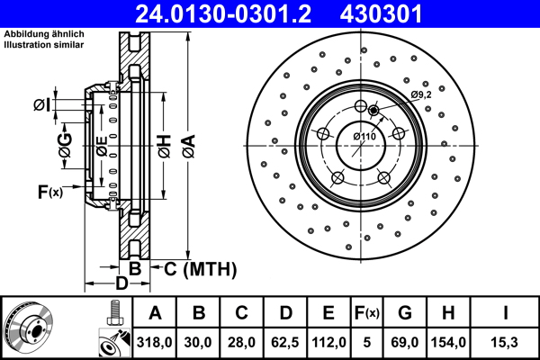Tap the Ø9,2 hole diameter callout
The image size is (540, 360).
pos(422,94)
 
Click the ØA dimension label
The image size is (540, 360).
pos(186,145)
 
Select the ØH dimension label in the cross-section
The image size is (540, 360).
pos(164,145)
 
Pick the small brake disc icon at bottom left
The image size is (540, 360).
pos(30,328)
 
